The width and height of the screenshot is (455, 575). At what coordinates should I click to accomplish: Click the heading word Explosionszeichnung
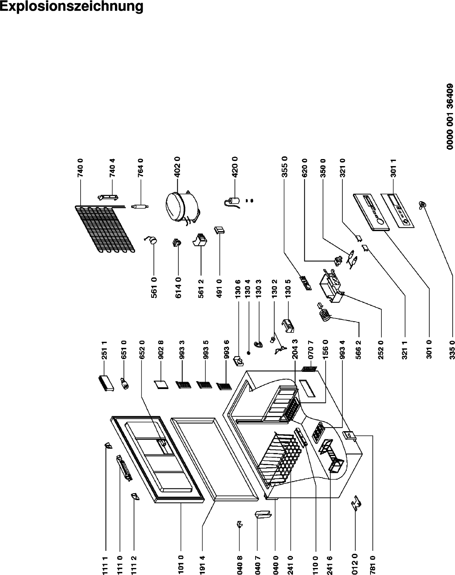tap(72, 7)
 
